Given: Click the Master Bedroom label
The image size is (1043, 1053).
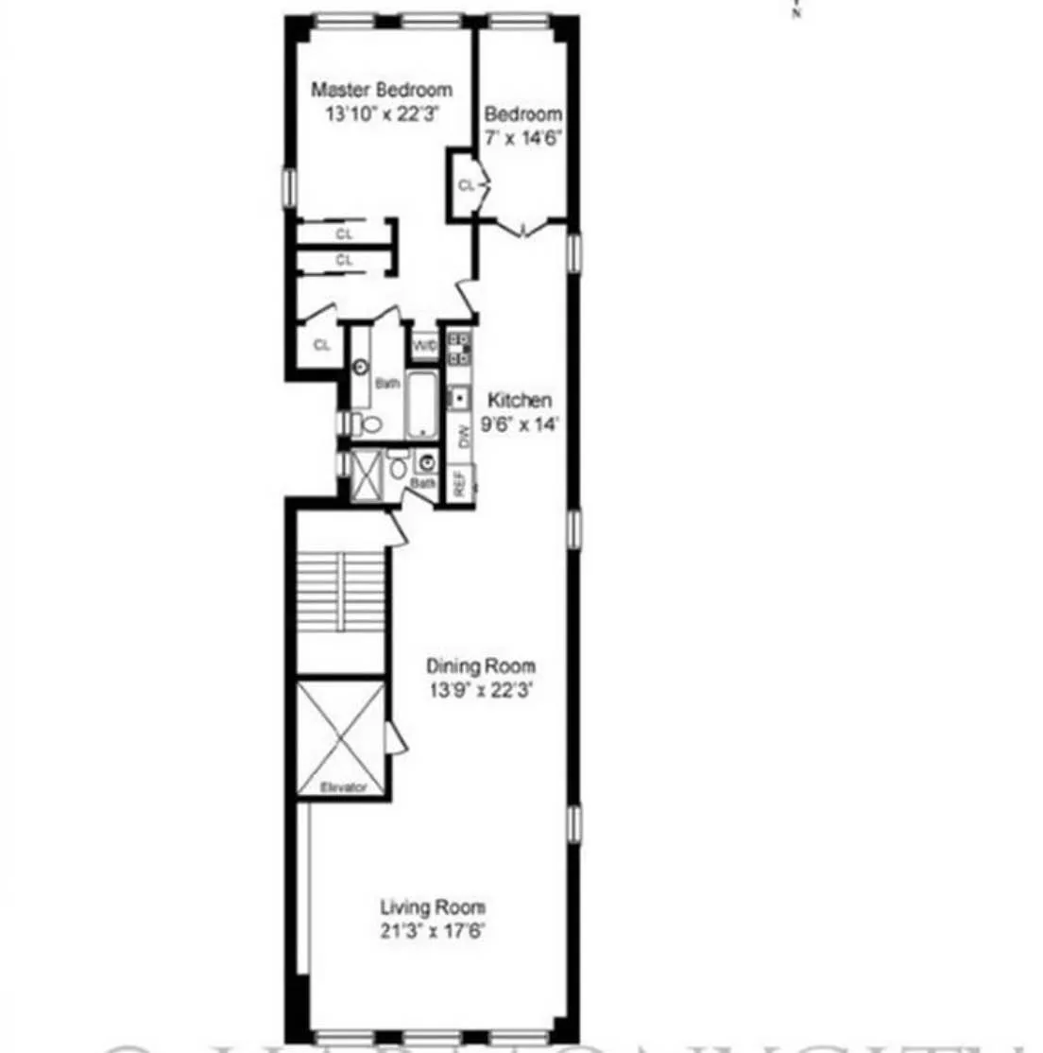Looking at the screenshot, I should click(382, 91).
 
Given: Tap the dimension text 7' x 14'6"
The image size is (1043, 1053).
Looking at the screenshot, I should click(523, 136).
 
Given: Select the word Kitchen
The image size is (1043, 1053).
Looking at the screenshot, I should click(520, 401).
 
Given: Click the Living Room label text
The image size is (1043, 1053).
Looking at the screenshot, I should click(433, 907).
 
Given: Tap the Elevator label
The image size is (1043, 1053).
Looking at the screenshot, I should click(343, 786).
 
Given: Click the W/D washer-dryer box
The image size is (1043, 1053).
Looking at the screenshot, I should click(424, 347).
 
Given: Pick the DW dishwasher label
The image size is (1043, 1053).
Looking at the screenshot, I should click(463, 437).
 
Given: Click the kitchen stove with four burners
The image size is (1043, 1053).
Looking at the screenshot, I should click(460, 348).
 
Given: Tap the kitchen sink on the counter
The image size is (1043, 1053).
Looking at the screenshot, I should click(460, 399).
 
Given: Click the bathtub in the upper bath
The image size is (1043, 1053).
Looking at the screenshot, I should click(422, 405).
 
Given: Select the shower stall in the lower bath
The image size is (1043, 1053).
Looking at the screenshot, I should click(365, 476).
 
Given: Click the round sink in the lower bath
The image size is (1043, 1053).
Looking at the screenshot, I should click(427, 464).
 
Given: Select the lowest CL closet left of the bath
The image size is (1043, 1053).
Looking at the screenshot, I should click(322, 345).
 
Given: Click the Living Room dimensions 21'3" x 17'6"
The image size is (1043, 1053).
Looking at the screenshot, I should click(433, 931).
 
